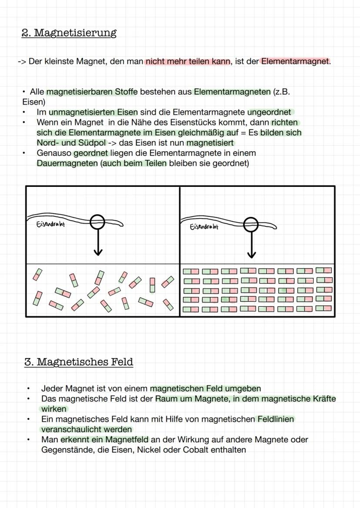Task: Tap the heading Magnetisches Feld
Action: click(x=85, y=362)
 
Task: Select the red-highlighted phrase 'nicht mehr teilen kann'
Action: click(x=188, y=61)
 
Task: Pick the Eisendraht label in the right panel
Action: click(x=204, y=226)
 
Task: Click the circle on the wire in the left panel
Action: click(x=97, y=222)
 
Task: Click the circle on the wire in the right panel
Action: click(x=251, y=225)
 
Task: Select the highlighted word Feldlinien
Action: click(x=276, y=419)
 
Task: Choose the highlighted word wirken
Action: click(x=54, y=409)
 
